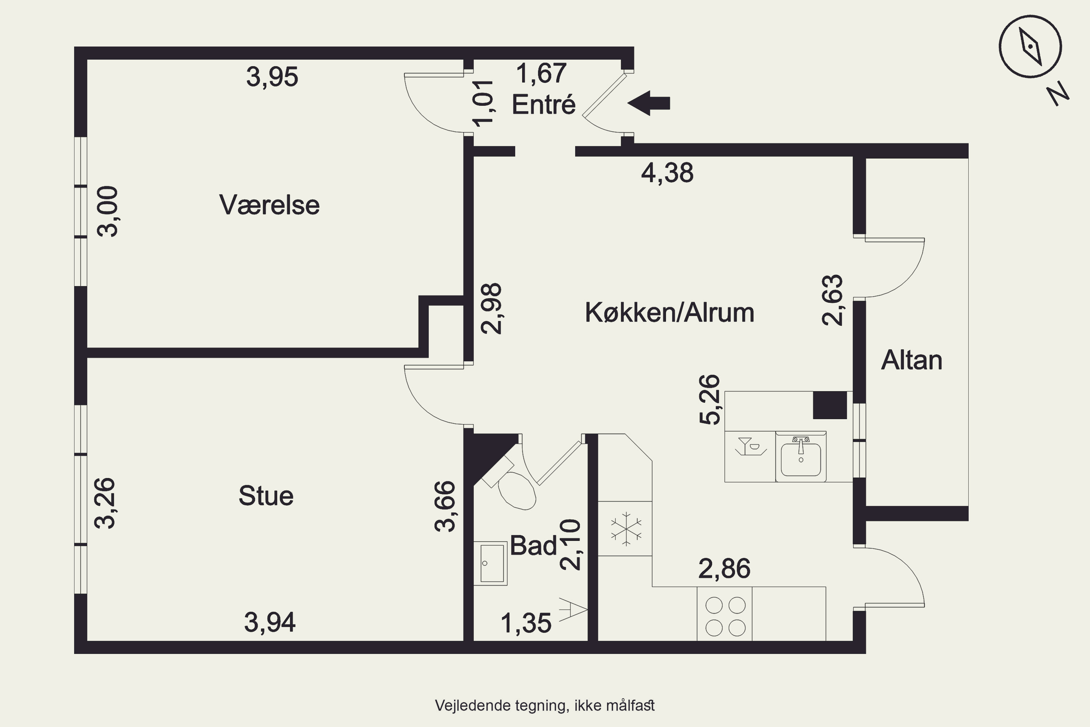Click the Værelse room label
pyautogui.click(x=269, y=205)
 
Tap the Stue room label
pyautogui.click(x=266, y=496)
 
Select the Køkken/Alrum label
pyautogui.click(x=670, y=313)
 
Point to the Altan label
pyautogui.click(x=912, y=360)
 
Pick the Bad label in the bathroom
pyautogui.click(x=533, y=545)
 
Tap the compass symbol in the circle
pyautogui.click(x=1030, y=47)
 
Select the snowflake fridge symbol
pyautogui.click(x=626, y=529)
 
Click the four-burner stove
pyautogui.click(x=725, y=614)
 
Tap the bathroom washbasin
pyautogui.click(x=490, y=563)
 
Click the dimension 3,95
pyautogui.click(x=272, y=77)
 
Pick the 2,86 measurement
pyautogui.click(x=724, y=569)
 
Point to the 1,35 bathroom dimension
pyautogui.click(x=526, y=623)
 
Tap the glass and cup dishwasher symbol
pyautogui.click(x=750, y=446)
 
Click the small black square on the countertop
pyautogui.click(x=830, y=405)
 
